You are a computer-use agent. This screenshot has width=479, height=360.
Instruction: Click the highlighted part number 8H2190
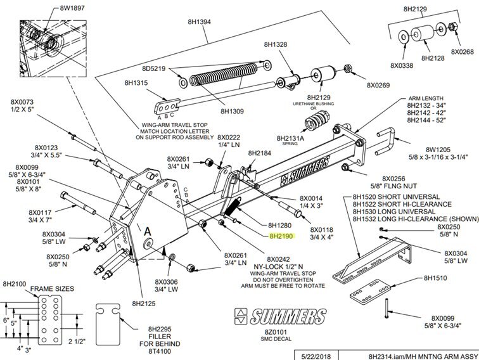tap(281, 236)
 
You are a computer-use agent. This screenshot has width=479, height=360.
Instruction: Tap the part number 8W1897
tap(72, 8)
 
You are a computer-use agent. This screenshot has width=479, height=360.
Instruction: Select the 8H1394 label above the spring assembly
tap(199, 22)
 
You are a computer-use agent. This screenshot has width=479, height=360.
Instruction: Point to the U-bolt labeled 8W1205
tap(386, 141)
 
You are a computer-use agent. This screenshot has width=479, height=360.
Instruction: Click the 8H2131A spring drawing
tap(317, 120)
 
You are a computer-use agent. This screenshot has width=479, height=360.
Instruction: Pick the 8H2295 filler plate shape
tap(108, 324)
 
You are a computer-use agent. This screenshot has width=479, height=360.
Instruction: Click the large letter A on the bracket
tap(148, 231)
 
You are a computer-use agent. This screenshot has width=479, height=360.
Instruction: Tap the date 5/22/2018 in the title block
tap(316, 356)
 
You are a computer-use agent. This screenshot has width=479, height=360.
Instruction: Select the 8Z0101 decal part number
tap(276, 332)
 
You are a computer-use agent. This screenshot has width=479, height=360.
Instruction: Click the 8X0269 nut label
tap(378, 85)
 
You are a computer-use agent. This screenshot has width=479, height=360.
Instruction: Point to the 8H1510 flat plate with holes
tap(370, 292)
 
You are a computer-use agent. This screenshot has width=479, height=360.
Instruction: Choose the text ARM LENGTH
tap(426, 98)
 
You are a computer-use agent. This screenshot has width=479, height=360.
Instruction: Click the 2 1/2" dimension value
tap(77, 341)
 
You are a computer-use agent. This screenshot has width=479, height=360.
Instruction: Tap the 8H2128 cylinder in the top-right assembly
tap(423, 34)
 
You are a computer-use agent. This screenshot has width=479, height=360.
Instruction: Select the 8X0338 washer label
tap(402, 65)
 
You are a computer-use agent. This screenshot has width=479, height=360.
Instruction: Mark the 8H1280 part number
tap(280, 226)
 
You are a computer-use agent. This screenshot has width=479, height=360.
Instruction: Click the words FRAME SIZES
tap(52, 289)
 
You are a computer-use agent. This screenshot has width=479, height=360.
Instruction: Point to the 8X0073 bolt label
tap(22, 102)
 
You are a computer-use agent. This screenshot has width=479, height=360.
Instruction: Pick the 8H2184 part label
tap(259, 153)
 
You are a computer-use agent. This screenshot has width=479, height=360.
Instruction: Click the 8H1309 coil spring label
tap(232, 112)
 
